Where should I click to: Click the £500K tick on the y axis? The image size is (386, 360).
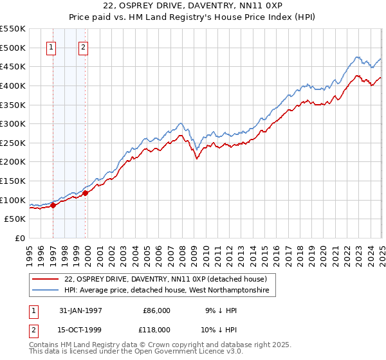(x=13, y=48)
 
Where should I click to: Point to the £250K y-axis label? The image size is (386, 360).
(x=13, y=143)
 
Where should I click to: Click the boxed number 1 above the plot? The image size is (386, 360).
(x=51, y=46)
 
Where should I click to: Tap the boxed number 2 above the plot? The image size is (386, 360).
(x=84, y=46)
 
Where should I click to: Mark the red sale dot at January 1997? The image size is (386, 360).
(x=53, y=206)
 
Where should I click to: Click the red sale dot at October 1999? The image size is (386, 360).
(x=86, y=194)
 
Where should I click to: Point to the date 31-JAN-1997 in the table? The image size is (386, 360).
(x=80, y=310)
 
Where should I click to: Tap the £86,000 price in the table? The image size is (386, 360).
(x=156, y=310)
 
